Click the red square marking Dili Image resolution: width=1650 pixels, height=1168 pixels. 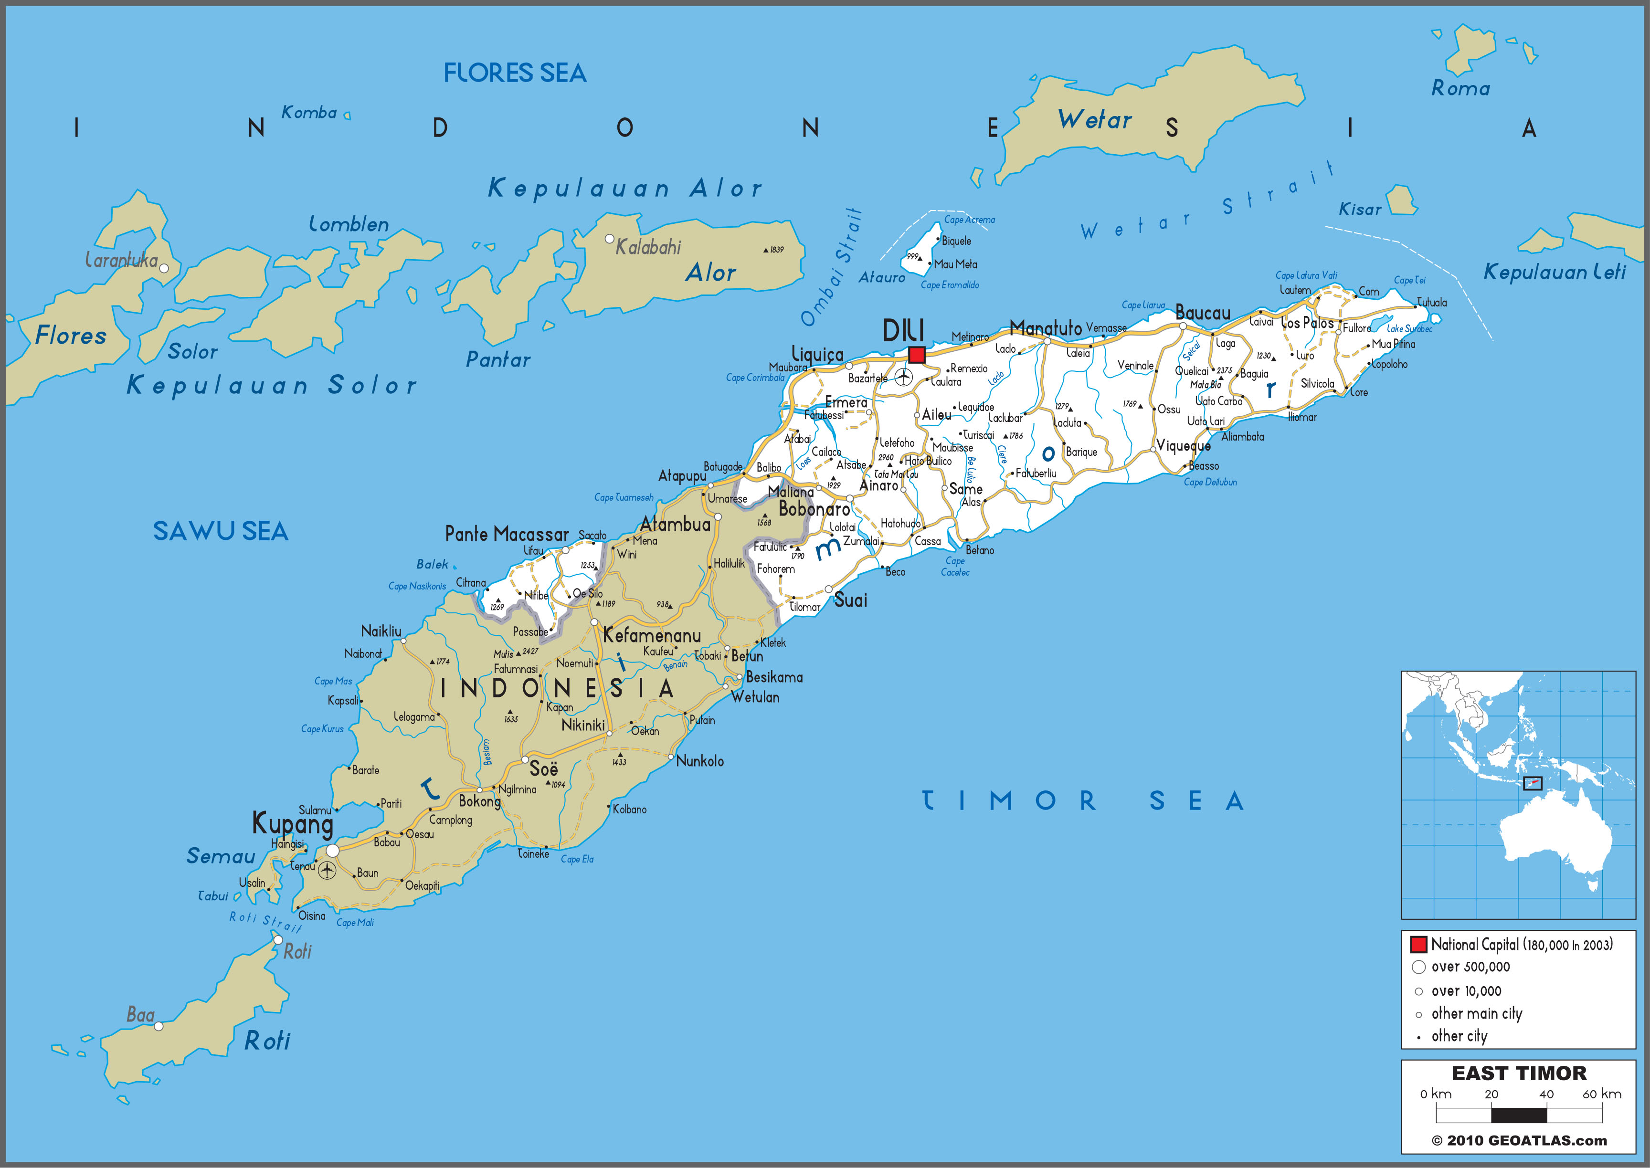[x=916, y=355]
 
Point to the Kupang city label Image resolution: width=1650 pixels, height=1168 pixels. [x=292, y=823]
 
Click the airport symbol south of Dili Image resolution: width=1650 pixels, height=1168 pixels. [x=903, y=376]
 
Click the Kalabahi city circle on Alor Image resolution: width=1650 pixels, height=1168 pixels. [x=609, y=239]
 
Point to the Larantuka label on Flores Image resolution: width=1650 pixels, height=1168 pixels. [x=121, y=260]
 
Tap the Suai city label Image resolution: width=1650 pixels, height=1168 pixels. [x=850, y=600]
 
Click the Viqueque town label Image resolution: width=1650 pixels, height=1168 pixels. [x=1183, y=446]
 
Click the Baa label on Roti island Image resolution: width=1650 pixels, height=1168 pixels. [x=140, y=1015]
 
